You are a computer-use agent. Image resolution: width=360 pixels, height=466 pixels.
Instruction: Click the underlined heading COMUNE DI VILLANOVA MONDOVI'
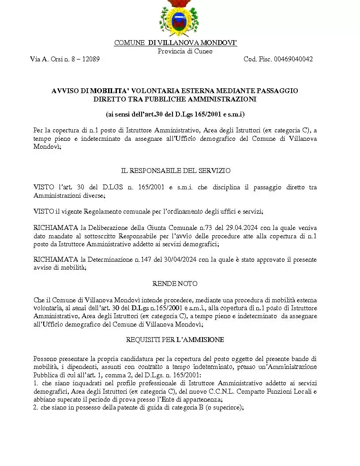(176, 43)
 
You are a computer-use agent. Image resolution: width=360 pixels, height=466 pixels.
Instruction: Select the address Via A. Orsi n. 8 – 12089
(64, 59)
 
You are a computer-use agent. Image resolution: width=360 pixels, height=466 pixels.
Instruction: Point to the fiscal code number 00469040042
(293, 59)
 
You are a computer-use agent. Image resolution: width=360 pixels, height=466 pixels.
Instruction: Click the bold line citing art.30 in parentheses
(175, 114)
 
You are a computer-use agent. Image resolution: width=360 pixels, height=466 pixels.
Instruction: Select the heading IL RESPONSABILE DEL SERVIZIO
(176, 170)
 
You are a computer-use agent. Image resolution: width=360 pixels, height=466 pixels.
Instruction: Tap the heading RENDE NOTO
(175, 283)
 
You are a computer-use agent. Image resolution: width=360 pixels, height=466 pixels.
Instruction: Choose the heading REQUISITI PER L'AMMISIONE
(175, 340)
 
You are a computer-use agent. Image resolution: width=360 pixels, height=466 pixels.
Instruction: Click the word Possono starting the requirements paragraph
(45, 359)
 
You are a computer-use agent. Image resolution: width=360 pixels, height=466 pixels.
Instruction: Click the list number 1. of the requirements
(36, 383)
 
